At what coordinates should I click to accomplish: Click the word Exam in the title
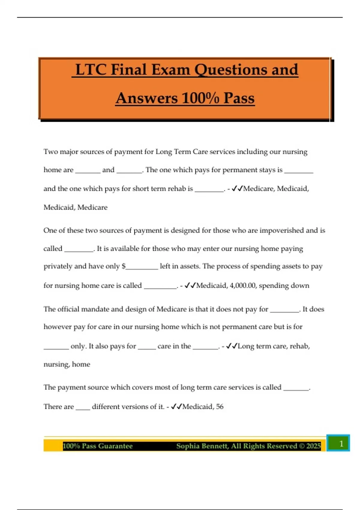click(171, 70)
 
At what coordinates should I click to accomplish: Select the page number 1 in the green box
click(341, 443)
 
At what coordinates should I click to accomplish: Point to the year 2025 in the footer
click(313, 446)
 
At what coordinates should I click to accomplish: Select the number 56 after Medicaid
click(220, 407)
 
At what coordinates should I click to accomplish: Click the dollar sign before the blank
click(124, 266)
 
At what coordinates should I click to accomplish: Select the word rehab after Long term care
click(299, 346)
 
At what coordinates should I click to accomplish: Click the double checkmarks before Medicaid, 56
click(176, 407)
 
